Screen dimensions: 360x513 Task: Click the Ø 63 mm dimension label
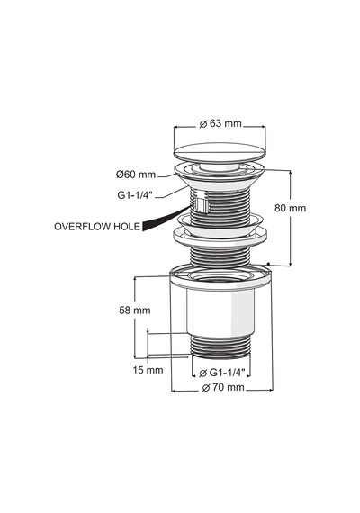[x=220, y=123]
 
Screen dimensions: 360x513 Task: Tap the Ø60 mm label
[x=136, y=175]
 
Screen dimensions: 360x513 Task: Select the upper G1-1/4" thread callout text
[x=135, y=195]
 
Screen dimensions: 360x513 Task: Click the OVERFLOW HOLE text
[x=97, y=227]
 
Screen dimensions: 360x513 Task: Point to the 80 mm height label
[x=291, y=208]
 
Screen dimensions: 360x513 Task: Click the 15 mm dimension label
[x=148, y=370]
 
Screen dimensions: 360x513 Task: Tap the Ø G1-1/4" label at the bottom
[x=222, y=373]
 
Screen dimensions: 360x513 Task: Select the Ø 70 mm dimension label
[x=223, y=388]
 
